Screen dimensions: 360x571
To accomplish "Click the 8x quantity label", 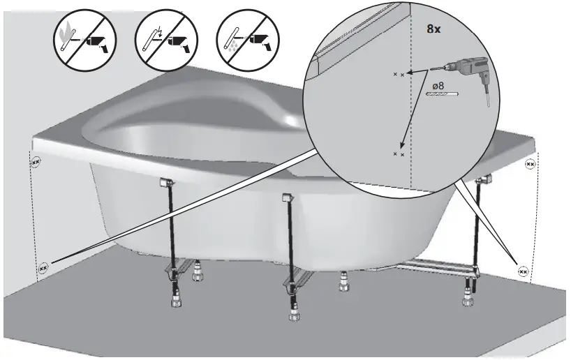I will point(434,30).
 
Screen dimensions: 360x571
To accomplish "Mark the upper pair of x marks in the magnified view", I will point(399,73).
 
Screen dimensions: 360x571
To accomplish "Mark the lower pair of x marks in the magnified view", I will point(399,153).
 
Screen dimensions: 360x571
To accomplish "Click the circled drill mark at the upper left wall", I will point(36,162).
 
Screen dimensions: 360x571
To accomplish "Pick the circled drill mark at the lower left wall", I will point(43,267).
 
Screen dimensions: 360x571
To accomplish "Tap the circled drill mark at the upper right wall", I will point(530,165).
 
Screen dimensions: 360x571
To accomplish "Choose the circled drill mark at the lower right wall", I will point(522,269).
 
